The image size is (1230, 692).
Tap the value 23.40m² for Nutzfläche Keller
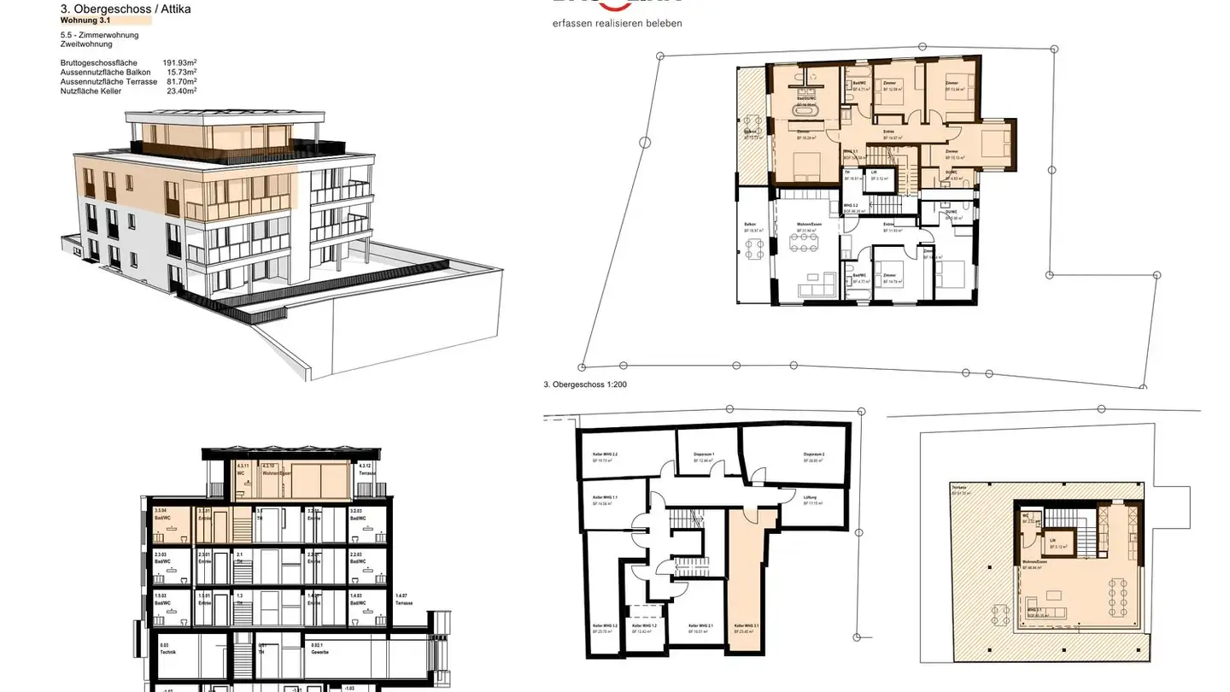pyautogui.click(x=181, y=91)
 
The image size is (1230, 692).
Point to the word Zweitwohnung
pyautogui.click(x=87, y=44)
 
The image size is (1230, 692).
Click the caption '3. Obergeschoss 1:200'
pyautogui.click(x=585, y=384)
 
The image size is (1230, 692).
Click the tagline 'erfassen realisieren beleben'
pyautogui.click(x=618, y=24)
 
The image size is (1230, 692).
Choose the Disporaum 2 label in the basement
pyautogui.click(x=813, y=455)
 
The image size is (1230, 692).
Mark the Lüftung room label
pyautogui.click(x=811, y=499)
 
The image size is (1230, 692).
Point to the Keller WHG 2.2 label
pyautogui.click(x=605, y=455)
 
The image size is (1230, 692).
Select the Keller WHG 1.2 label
pyautogui.click(x=644, y=627)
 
